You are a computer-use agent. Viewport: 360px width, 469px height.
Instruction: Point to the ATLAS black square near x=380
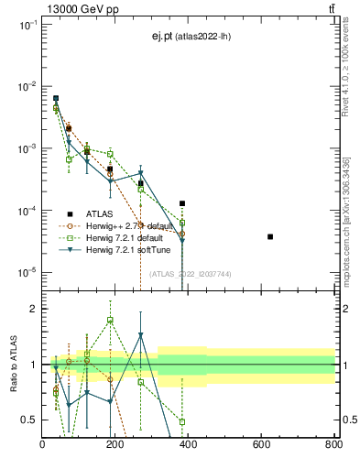[x=182, y=203]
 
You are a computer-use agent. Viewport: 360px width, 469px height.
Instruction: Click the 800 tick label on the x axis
[x=333, y=445]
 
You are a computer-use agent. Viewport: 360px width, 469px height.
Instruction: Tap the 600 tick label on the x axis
[x=261, y=445]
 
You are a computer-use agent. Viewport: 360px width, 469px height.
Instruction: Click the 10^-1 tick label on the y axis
[x=27, y=25]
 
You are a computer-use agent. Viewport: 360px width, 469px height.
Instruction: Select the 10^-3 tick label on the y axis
[x=27, y=148]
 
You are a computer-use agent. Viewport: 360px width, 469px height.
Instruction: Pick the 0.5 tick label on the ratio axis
[x=29, y=420]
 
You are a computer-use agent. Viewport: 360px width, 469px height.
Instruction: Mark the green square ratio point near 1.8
[x=110, y=320]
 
